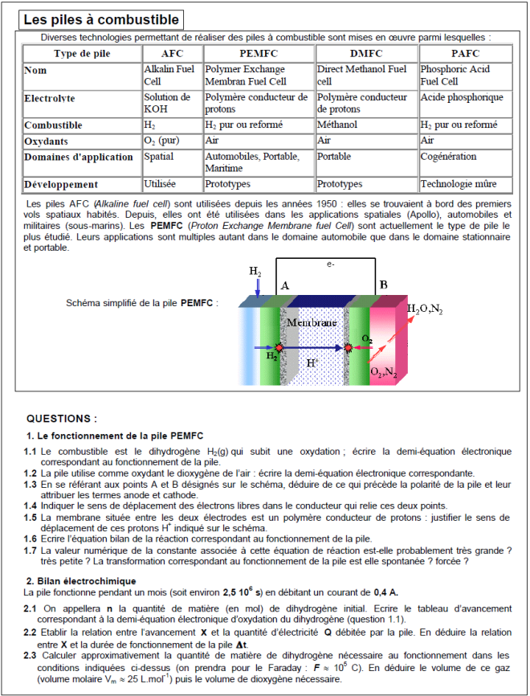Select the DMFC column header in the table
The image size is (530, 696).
366,54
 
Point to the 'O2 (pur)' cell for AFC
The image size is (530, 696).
161,140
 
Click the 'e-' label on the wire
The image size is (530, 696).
330,264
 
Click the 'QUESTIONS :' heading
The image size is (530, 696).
62,418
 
